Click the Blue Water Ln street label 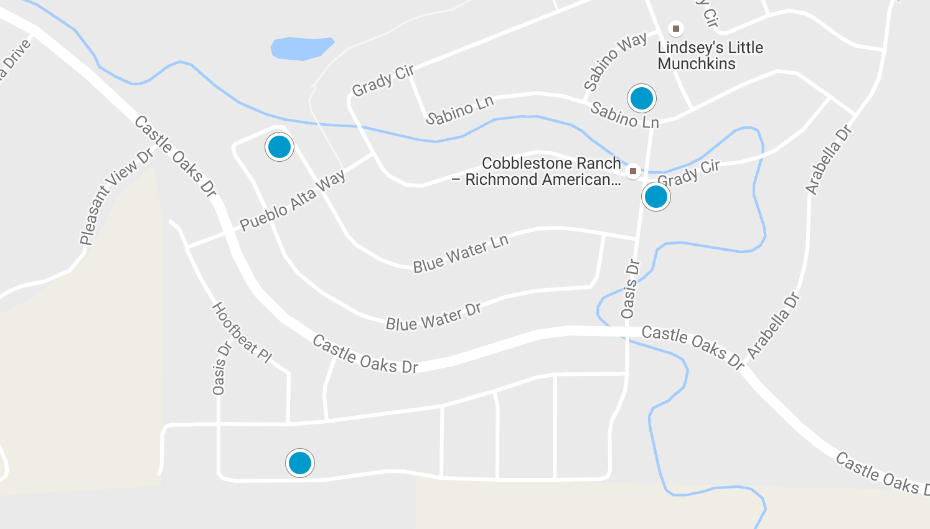[x=461, y=253]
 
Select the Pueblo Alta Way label [x=293, y=200]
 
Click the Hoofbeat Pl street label [x=242, y=332]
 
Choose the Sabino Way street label [x=615, y=61]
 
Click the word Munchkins [x=696, y=64]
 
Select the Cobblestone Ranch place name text [x=551, y=164]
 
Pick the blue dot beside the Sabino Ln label [x=641, y=98]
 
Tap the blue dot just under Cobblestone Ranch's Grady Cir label [x=655, y=197]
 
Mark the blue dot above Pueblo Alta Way [x=279, y=147]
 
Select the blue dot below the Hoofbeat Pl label [x=299, y=463]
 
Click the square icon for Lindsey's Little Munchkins [x=675, y=29]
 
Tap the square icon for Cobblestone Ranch [x=632, y=171]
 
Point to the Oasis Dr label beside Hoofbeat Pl [x=220, y=368]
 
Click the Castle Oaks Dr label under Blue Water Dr [x=365, y=355]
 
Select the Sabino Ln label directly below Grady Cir [x=459, y=110]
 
